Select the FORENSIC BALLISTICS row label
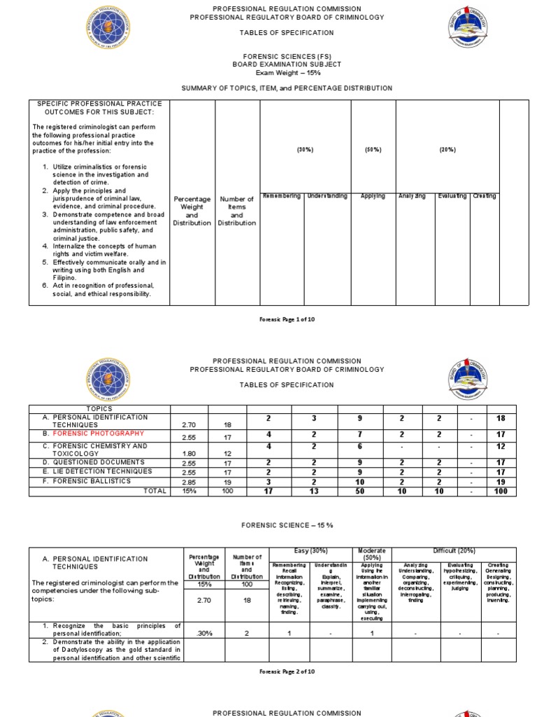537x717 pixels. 87,482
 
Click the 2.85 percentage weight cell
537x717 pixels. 189,482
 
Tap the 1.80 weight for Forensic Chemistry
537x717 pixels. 189,454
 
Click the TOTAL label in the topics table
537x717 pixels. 155,492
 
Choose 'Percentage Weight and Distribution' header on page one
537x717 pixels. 192,211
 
